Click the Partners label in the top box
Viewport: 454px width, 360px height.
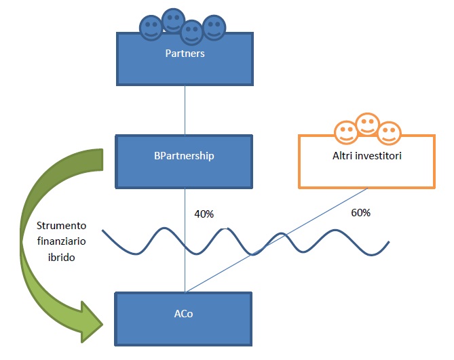pos(185,54)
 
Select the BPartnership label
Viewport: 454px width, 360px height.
pos(184,156)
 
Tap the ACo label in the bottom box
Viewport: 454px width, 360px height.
pos(184,314)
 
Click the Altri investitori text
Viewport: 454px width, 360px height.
pos(367,156)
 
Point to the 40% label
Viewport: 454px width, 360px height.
pos(204,214)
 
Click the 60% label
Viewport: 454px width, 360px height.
pos(361,213)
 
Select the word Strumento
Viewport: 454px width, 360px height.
pos(61,226)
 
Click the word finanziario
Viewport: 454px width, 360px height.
pos(61,241)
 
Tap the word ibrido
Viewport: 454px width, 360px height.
pos(61,257)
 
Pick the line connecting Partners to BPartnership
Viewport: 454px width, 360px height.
pos(185,110)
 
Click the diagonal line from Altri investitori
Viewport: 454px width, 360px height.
pos(276,240)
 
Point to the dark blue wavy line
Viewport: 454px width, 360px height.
pos(245,242)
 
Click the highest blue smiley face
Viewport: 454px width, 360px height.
pos(173,20)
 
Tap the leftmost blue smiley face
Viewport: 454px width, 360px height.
pos(151,28)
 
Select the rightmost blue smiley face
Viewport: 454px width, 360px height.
pos(214,27)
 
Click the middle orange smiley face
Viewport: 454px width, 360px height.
pos(368,124)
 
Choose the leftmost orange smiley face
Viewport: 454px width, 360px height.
pos(346,132)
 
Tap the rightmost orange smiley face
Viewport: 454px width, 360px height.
pos(390,133)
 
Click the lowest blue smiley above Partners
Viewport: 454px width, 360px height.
pos(191,32)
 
